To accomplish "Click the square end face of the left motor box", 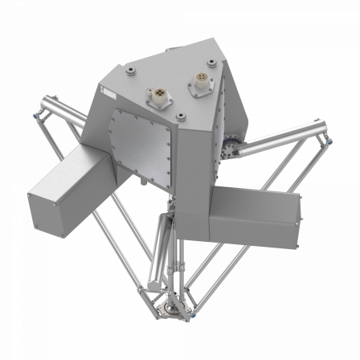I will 48,207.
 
